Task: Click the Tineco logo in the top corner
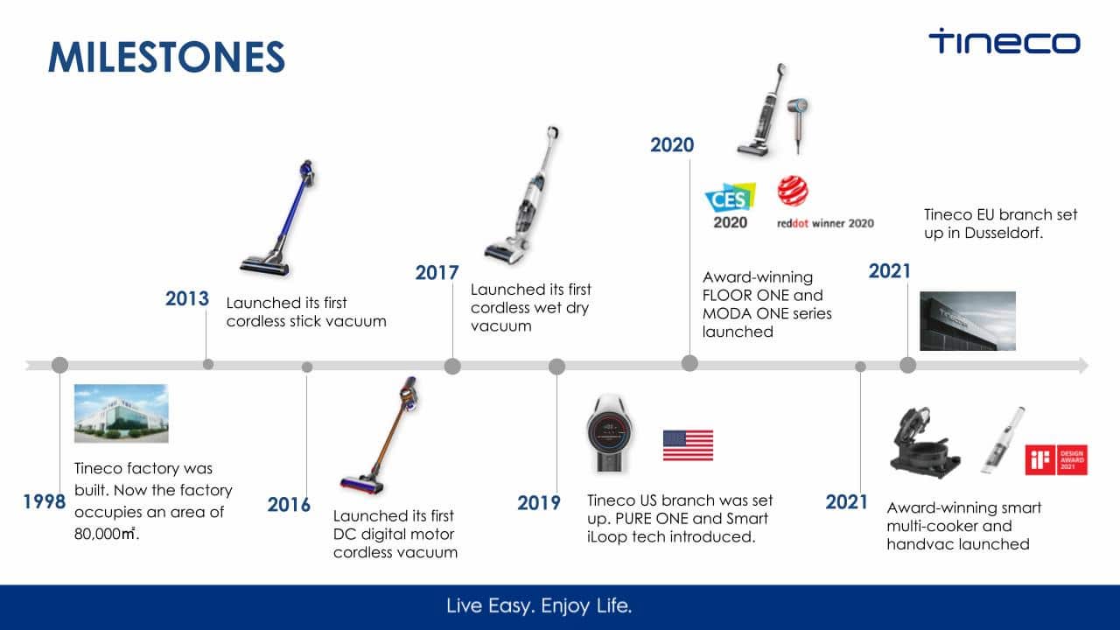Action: (x=1004, y=41)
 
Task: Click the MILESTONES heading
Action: (x=166, y=57)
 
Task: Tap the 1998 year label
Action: (x=45, y=501)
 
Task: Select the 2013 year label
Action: (x=187, y=298)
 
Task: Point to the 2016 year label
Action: (x=289, y=505)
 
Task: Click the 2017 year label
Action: (x=437, y=272)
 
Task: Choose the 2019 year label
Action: (x=538, y=503)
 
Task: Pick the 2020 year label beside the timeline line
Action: (x=672, y=145)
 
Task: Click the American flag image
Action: (x=688, y=445)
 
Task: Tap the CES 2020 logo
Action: (x=730, y=206)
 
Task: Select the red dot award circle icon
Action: (x=793, y=191)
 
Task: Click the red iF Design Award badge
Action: (x=1056, y=459)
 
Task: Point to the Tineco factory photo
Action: (x=121, y=414)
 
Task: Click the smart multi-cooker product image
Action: (x=925, y=443)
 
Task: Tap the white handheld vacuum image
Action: (x=1003, y=440)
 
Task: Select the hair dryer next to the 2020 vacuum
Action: (x=797, y=125)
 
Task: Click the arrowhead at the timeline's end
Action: (x=1083, y=366)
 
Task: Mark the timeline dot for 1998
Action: (x=60, y=365)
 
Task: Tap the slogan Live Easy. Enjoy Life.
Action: (x=539, y=605)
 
